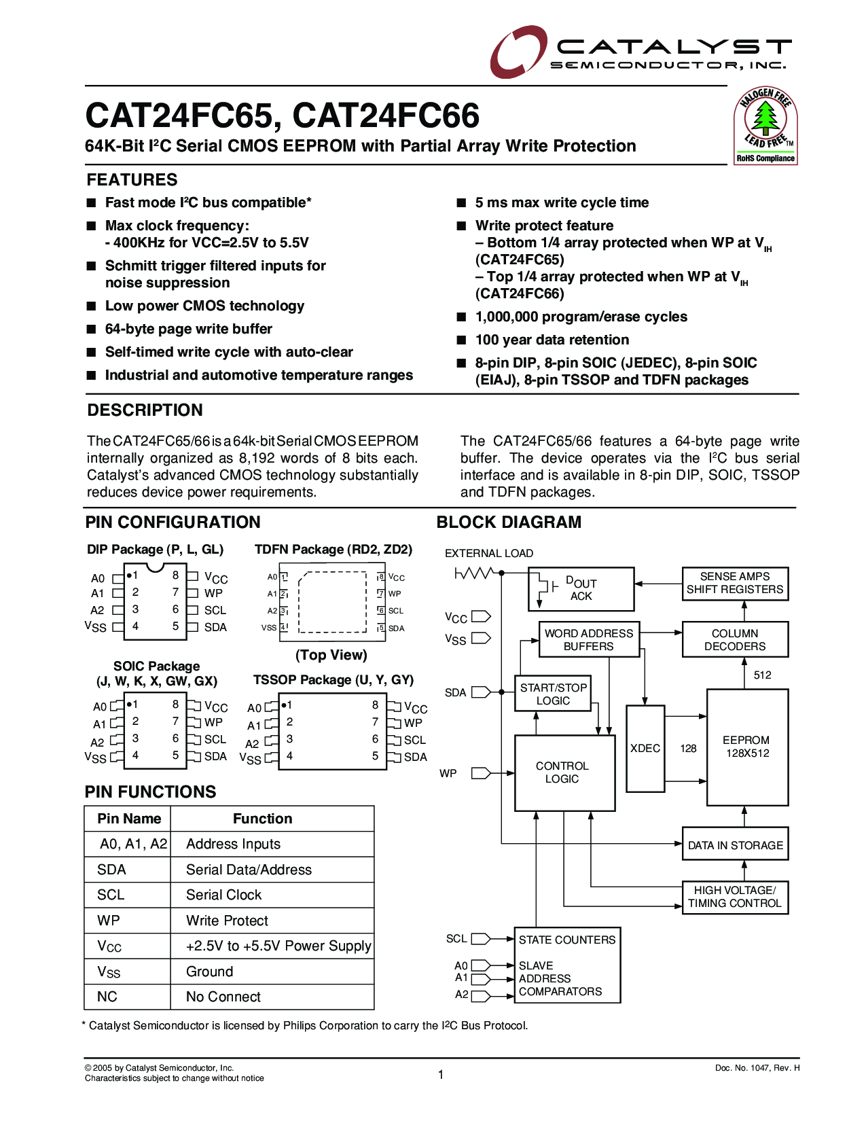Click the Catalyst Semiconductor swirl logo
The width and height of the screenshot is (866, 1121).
[518, 51]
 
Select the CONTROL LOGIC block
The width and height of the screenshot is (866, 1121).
[564, 772]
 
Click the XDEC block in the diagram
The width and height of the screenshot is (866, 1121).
[645, 748]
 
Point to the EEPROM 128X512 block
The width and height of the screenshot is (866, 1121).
[746, 747]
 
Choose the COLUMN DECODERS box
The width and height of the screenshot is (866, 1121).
[735, 639]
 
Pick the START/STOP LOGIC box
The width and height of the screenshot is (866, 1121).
[553, 694]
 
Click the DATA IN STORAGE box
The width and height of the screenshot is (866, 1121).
[735, 845]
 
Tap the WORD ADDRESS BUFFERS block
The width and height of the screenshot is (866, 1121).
[588, 639]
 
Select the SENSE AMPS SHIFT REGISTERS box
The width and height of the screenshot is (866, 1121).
[735, 583]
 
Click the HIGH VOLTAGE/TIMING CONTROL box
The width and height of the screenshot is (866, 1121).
[735, 897]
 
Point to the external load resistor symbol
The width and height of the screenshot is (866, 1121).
[473, 574]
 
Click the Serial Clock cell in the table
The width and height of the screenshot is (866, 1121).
[224, 895]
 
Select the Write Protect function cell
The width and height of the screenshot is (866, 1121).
[228, 921]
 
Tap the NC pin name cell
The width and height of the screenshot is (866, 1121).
[107, 997]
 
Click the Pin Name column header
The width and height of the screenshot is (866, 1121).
[129, 819]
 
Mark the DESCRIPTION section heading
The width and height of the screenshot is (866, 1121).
[145, 410]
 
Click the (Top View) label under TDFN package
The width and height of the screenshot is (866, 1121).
[331, 655]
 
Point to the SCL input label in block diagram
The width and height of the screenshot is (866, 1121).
[456, 938]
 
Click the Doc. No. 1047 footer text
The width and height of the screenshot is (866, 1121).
[757, 1068]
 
